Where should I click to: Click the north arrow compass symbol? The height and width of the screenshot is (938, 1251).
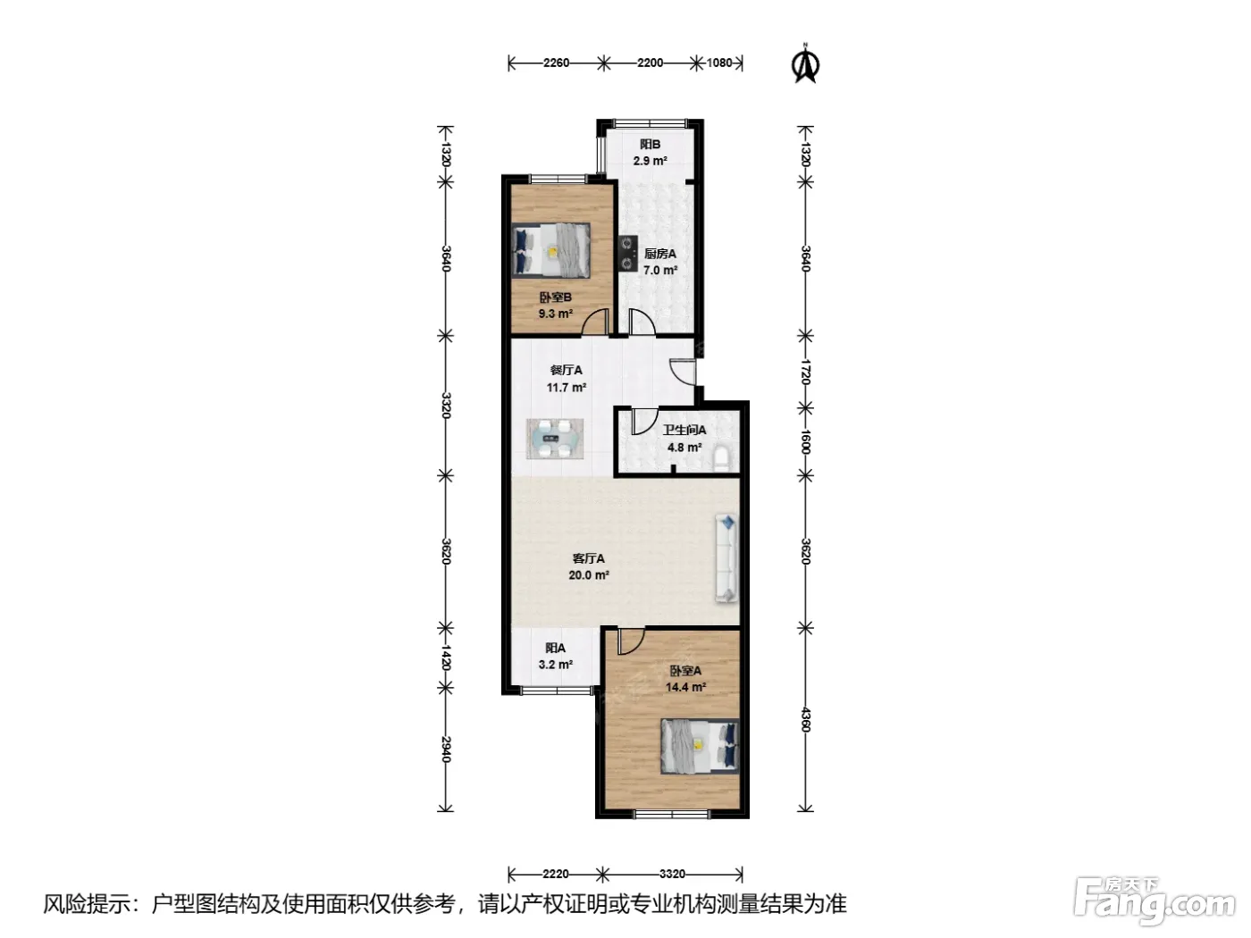pyautogui.click(x=805, y=63)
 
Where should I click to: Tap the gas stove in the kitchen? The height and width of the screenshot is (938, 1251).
pyautogui.click(x=627, y=254)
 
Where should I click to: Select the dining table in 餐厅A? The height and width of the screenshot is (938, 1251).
pyautogui.click(x=555, y=439)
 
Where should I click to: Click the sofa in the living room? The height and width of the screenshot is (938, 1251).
pyautogui.click(x=726, y=558)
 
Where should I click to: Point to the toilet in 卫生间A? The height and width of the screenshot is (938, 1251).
pyautogui.click(x=722, y=459)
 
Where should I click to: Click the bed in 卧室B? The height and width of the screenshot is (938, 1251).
pyautogui.click(x=551, y=251)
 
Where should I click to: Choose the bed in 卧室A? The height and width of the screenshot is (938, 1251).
pyautogui.click(x=700, y=746)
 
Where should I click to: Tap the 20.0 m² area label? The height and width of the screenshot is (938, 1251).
pyautogui.click(x=589, y=575)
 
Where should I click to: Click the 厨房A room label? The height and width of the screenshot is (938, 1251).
pyautogui.click(x=660, y=254)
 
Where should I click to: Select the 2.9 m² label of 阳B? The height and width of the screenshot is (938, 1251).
pyautogui.click(x=650, y=161)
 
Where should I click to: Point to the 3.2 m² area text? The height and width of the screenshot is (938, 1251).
pyautogui.click(x=555, y=664)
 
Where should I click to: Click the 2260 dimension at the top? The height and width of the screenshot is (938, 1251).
pyautogui.click(x=556, y=63)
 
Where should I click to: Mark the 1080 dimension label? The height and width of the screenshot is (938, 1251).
pyautogui.click(x=719, y=63)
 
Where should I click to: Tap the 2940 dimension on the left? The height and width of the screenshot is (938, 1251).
pyautogui.click(x=446, y=750)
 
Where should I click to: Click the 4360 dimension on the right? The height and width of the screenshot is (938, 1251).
pyautogui.click(x=805, y=720)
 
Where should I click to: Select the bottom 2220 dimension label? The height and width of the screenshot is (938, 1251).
pyautogui.click(x=556, y=874)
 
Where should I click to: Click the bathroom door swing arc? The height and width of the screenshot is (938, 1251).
pyautogui.click(x=645, y=422)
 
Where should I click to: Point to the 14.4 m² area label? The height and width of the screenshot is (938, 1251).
pyautogui.click(x=685, y=687)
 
